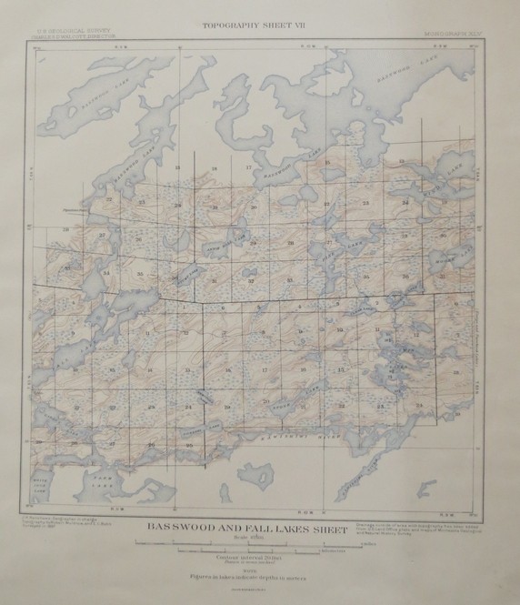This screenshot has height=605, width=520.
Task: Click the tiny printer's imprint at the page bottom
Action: pyautogui.click(x=260, y=588)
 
